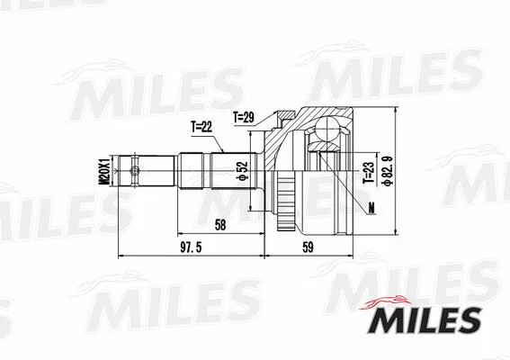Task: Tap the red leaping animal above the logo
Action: click(391, 300)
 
